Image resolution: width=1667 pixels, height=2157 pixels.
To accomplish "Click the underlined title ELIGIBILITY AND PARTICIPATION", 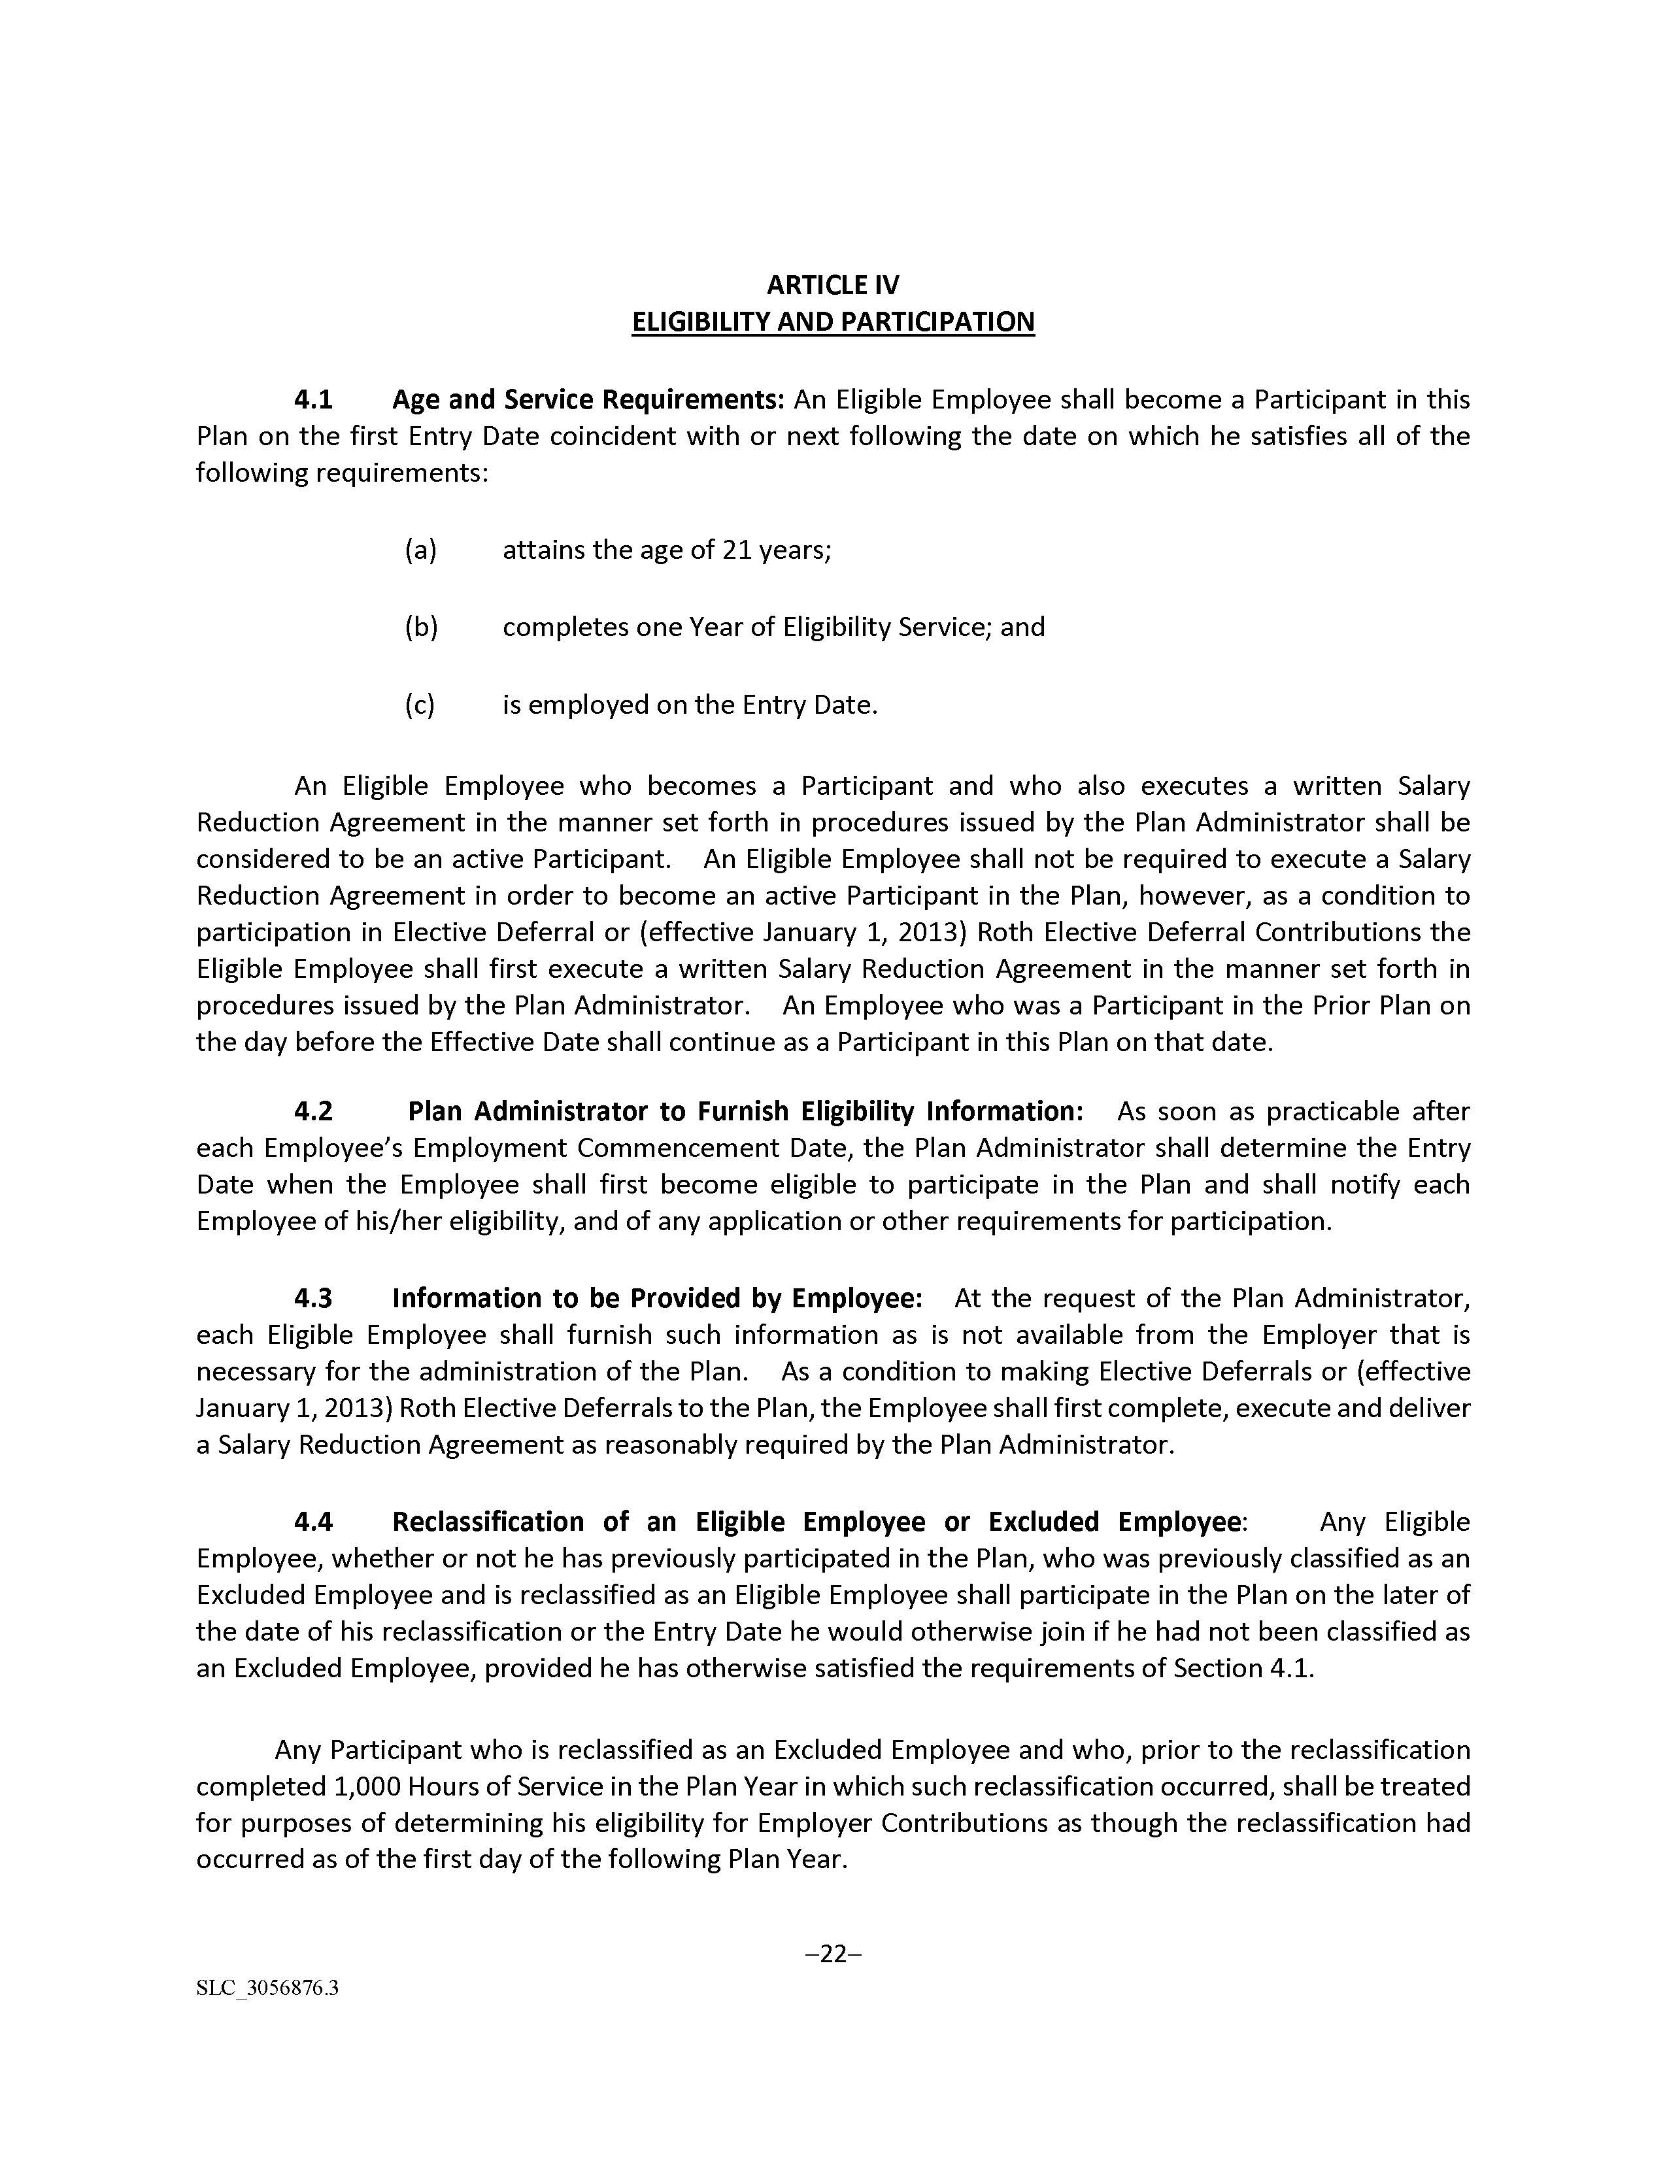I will tap(832, 322).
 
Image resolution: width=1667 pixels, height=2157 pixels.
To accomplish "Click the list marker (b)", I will tap(421, 627).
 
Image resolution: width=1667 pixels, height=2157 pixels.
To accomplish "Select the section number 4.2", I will tap(313, 1111).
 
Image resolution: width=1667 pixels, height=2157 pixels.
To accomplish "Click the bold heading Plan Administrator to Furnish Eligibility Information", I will tap(746, 1111).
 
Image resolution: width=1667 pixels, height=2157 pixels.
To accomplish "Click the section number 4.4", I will tap(313, 1521).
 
